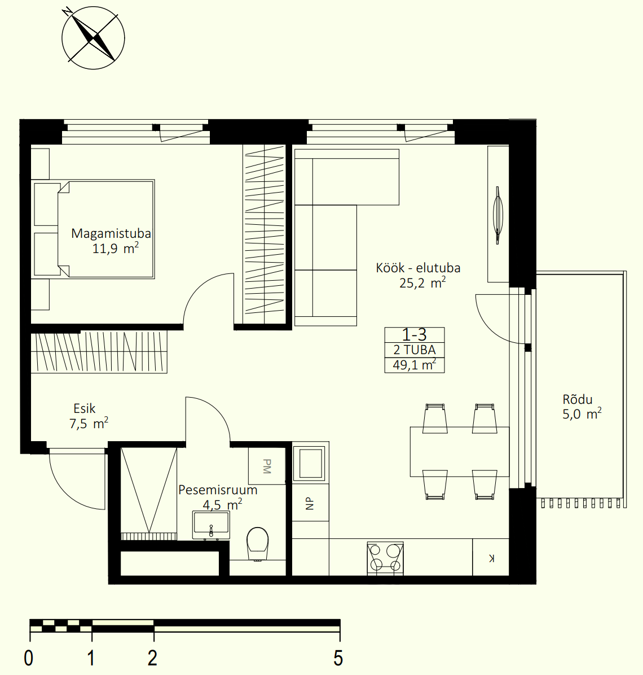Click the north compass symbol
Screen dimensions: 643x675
[x=93, y=38]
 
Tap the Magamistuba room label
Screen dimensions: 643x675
[x=111, y=233]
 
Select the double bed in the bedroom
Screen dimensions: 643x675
[x=93, y=229]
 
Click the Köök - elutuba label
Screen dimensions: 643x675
[x=418, y=268]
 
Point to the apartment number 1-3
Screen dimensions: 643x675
[x=414, y=334]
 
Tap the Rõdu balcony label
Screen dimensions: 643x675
[x=577, y=399]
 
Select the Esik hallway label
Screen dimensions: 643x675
[x=84, y=408]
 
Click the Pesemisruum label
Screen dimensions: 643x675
[x=218, y=490]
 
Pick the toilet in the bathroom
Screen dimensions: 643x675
[x=257, y=543]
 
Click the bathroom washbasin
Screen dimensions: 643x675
[x=210, y=525]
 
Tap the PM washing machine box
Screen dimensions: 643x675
[x=267, y=466]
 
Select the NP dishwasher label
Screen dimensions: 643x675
[x=310, y=503]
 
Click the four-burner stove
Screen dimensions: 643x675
[x=385, y=558]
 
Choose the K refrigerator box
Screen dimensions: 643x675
[x=490, y=558]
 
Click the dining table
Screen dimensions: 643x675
[x=460, y=451]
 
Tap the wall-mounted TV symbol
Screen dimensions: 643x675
[x=497, y=215]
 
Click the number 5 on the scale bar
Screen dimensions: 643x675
[x=338, y=658]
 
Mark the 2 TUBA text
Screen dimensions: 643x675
[x=415, y=350]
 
